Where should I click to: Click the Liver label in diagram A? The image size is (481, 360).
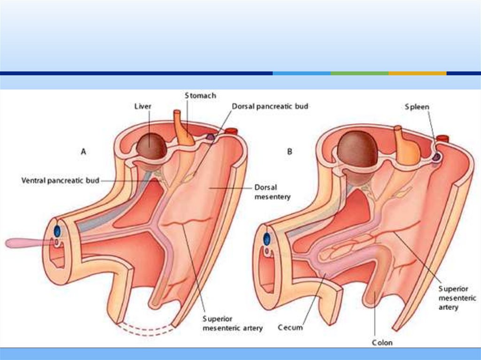pos(143,107)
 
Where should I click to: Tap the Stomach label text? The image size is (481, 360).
pos(200,96)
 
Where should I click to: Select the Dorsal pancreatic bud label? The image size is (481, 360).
pos(270,107)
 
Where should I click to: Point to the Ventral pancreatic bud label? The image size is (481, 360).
pos(61,180)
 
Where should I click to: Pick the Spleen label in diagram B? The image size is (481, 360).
pos(417,107)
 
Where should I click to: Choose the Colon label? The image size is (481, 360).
pos(381,343)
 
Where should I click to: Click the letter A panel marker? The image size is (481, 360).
pos(84,152)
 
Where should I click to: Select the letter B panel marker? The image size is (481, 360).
pos(290,152)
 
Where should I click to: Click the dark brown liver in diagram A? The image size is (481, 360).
pos(151,146)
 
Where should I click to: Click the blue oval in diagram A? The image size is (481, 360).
pos(57,230)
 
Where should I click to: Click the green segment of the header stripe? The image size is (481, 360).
pos(359,73)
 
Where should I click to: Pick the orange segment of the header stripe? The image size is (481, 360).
pos(417,73)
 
